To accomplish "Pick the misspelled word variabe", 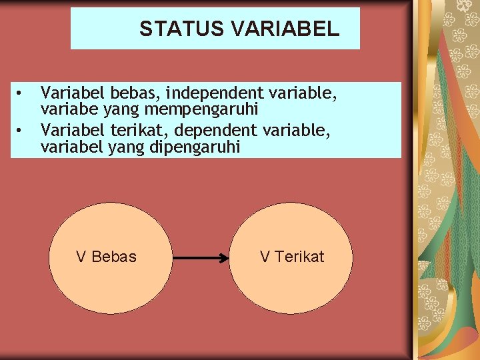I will (65, 109).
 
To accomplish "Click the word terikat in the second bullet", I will (130, 128).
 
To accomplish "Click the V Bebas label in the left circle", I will (106, 257).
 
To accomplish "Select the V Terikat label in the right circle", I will (292, 257).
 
